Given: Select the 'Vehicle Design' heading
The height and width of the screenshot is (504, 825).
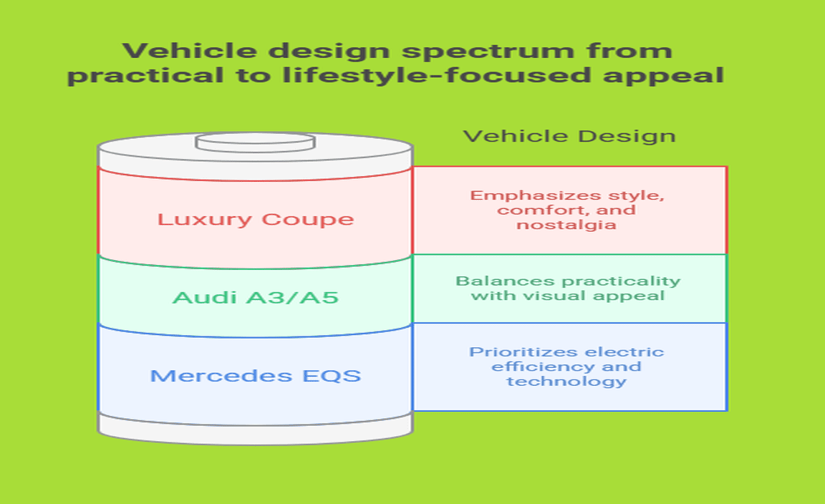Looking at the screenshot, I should click(x=569, y=135).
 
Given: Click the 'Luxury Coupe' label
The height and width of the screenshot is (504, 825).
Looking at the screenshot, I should click(x=256, y=219).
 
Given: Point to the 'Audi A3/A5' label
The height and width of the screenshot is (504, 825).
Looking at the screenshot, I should click(x=255, y=296).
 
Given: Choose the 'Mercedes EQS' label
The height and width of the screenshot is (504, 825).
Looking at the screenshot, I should click(x=256, y=375).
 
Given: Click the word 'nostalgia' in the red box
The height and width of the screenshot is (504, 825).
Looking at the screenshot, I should click(x=567, y=225).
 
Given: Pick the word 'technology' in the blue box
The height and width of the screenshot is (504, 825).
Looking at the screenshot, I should click(x=566, y=381).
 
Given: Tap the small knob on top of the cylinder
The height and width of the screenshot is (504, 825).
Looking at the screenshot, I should click(x=255, y=142).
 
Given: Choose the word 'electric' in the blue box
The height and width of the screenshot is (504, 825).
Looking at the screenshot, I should click(x=624, y=352).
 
